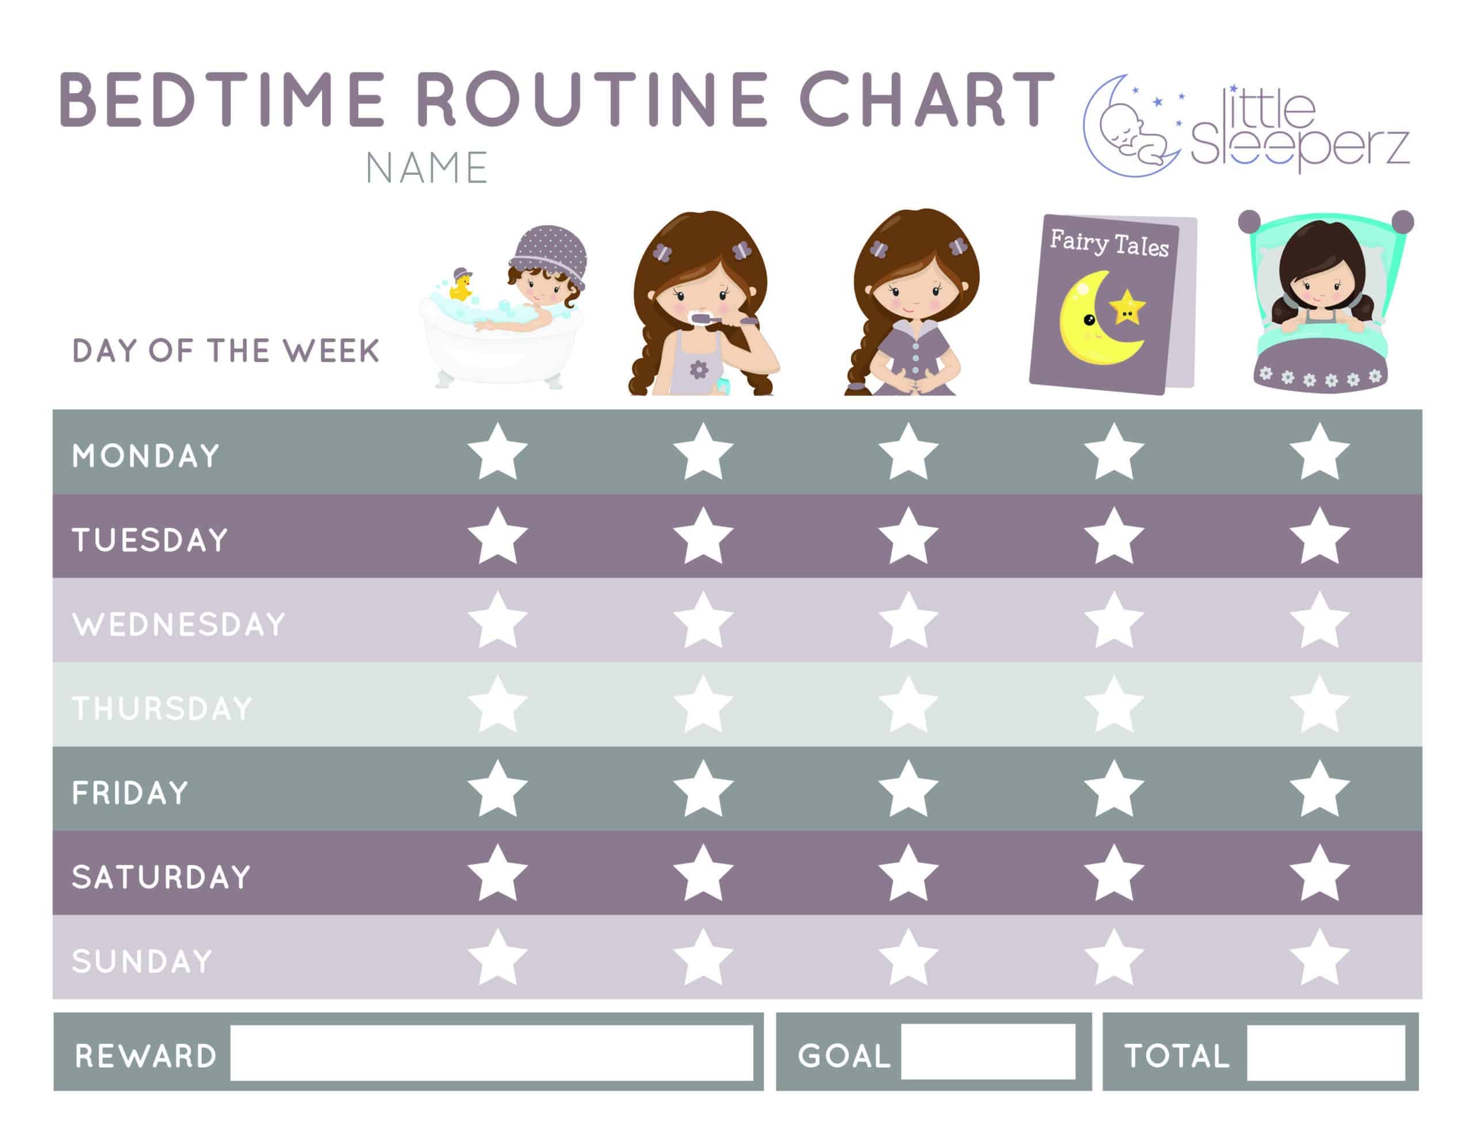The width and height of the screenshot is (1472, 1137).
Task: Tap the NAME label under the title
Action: point(427,168)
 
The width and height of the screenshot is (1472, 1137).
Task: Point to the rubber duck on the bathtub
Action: point(461,285)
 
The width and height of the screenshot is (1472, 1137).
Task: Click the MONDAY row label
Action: point(146,456)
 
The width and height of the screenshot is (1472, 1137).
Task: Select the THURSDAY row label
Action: point(162,708)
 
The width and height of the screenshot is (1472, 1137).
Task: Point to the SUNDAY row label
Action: point(142,961)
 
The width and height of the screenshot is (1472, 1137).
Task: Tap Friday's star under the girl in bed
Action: point(1320,789)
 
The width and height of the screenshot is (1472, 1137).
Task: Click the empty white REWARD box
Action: point(492,1053)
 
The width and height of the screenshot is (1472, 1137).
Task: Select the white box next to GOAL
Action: point(988,1051)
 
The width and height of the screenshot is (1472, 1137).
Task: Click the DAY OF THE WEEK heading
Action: point(226,351)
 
